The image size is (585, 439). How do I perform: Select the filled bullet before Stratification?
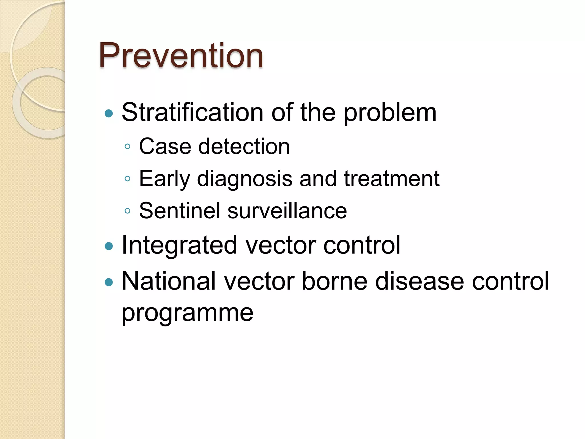(109, 114)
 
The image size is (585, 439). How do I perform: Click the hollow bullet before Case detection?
(127, 147)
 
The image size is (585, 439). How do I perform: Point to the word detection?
(244, 146)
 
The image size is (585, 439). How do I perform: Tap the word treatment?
(391, 179)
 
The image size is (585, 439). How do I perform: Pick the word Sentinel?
(180, 211)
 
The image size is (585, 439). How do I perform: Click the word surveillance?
(287, 211)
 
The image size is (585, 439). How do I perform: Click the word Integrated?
(179, 245)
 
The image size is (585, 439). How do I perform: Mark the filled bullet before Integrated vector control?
(109, 246)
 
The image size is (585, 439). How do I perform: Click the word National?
(169, 281)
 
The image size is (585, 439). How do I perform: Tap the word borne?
(334, 281)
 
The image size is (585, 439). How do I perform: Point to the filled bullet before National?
(109, 282)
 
